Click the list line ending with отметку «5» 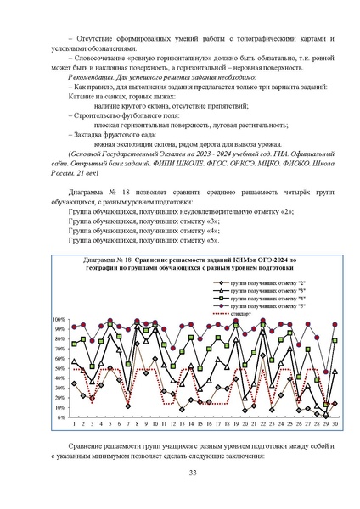[x=132, y=240]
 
